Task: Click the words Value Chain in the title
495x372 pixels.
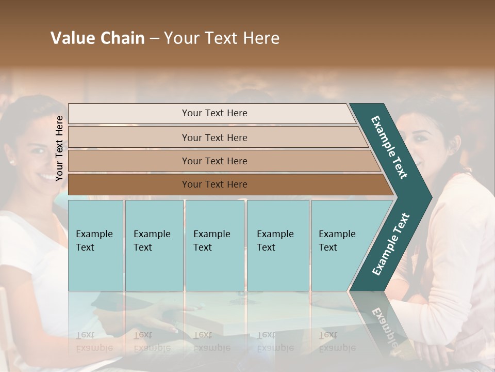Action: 97,38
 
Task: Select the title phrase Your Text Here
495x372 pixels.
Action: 222,38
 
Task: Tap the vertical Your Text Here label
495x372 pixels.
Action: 59,148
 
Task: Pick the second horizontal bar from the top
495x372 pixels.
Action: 214,137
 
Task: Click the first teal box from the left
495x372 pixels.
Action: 95,245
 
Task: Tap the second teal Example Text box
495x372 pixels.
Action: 154,245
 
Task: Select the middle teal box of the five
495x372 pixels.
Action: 214,245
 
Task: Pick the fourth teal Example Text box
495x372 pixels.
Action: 278,245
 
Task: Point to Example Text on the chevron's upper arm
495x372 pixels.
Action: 389,147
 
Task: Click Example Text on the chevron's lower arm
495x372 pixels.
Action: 390,244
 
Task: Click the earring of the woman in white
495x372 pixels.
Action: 11,162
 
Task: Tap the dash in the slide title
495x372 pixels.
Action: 154,39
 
